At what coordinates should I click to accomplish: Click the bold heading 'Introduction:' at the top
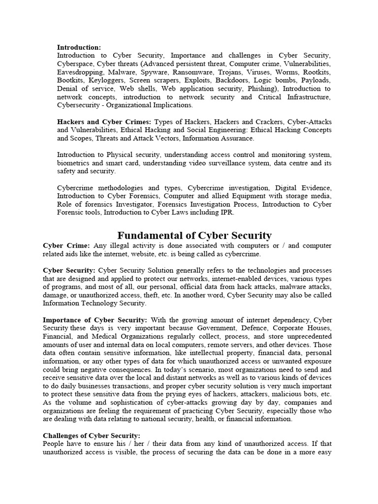[79, 48]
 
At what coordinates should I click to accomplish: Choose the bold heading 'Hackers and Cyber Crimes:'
[104, 122]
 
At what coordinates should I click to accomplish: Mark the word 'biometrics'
[74, 163]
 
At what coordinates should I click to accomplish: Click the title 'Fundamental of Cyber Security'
[193, 235]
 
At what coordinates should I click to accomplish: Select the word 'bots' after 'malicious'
[310, 394]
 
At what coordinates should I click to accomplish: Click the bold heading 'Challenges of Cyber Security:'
[92, 436]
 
